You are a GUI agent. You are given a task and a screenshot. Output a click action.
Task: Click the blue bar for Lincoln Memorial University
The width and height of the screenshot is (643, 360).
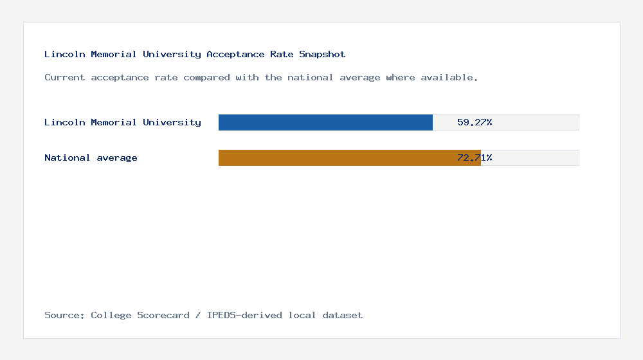[x=325, y=122]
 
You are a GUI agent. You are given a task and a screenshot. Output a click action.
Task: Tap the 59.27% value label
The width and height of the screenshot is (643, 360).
[x=475, y=122]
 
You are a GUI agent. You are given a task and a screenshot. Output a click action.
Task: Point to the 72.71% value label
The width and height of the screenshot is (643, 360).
[x=475, y=157]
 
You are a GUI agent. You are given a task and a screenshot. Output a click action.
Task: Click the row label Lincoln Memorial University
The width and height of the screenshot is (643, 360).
[x=122, y=122]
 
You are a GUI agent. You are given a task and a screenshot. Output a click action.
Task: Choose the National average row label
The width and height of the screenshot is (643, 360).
[x=91, y=157]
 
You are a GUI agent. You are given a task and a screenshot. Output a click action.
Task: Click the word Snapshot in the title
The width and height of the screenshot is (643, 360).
[x=322, y=54]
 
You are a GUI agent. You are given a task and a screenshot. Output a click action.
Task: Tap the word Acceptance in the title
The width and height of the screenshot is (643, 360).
[x=235, y=54]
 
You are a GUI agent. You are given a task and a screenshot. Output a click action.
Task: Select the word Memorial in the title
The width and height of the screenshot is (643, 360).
[x=113, y=54]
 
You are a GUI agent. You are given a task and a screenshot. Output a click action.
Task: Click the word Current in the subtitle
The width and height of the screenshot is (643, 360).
[x=64, y=77]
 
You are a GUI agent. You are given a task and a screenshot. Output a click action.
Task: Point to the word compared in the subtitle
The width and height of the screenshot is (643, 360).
[x=206, y=77]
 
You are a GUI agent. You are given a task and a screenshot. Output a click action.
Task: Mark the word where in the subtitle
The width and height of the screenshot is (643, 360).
[x=401, y=77]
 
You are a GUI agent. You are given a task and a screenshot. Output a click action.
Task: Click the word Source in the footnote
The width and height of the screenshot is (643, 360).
[x=64, y=315]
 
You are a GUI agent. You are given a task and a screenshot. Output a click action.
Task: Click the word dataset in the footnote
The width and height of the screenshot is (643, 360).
[x=343, y=315]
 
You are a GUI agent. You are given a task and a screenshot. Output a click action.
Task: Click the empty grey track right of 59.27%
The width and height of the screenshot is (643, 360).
[x=537, y=122]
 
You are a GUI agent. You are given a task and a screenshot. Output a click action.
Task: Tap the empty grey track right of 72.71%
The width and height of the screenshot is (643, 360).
[x=537, y=157]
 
